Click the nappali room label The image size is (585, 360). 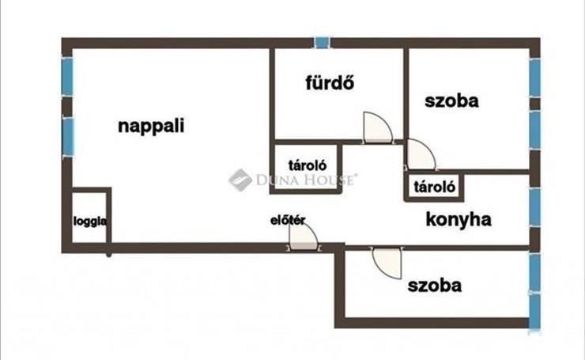(151, 127)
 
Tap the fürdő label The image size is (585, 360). (330, 82)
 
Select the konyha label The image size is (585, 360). (459, 220)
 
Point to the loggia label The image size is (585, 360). (90, 221)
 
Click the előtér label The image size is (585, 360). (288, 220)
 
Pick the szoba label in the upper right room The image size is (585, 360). (451, 100)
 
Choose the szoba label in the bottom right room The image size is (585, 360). (435, 286)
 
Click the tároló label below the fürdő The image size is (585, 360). (308, 165)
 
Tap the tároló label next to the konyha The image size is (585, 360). (435, 187)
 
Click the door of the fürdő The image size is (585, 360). (378, 127)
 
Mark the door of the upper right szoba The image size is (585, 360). (421, 154)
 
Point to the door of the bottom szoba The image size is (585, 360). (387, 263)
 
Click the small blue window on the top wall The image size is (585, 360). (322, 43)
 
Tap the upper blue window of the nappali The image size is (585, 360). (67, 77)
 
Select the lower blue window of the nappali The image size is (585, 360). (68, 136)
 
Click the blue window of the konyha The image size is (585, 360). (534, 207)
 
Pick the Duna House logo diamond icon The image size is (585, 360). (240, 180)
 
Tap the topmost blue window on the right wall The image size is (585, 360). (535, 78)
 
